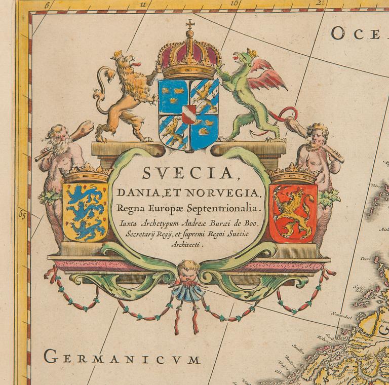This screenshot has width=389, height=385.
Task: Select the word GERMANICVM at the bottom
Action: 122,358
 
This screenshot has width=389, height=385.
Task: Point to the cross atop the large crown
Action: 190,24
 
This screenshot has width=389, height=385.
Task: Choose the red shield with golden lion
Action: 293,211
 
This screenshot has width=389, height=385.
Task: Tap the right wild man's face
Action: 317,136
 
